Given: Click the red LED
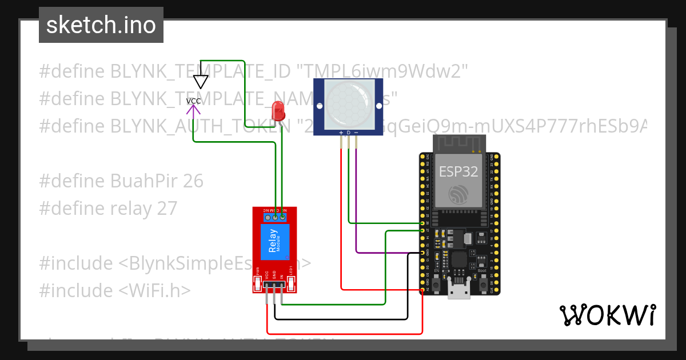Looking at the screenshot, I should coord(278,110).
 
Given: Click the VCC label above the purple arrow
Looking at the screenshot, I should coord(194,101).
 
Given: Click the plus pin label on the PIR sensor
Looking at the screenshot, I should coord(341,133).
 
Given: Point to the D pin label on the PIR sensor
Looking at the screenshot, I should coord(349,133).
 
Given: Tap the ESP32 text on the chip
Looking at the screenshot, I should coord(458,171).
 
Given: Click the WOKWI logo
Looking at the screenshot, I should coord(607,315).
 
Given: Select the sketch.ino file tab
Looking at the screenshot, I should coord(101,25).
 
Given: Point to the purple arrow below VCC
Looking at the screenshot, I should coord(194,111).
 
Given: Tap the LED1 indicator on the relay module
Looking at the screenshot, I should coord(290,270).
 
